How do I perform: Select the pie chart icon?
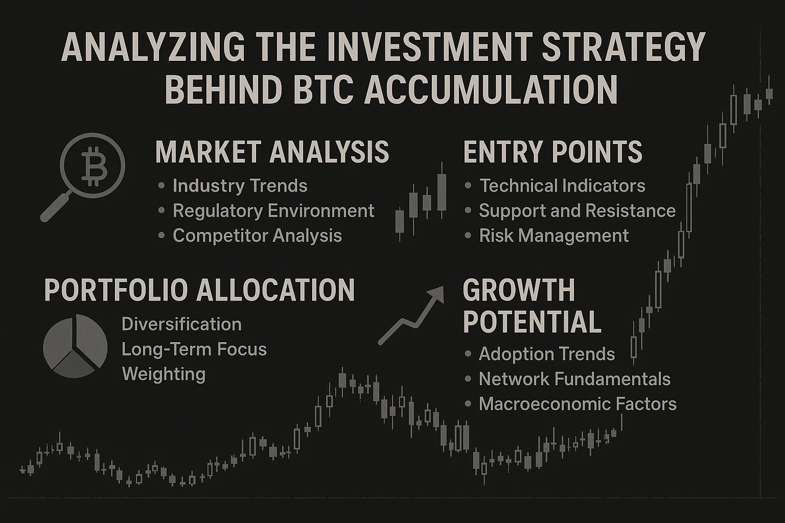click(75, 346)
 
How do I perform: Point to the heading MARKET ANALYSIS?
click(272, 152)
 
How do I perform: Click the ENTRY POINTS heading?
click(552, 152)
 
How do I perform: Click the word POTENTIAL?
click(532, 321)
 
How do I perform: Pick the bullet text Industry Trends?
click(240, 186)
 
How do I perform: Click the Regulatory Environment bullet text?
click(273, 211)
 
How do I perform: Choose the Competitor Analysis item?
click(257, 235)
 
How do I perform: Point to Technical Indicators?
click(562, 186)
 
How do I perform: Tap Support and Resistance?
click(577, 211)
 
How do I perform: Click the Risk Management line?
click(553, 235)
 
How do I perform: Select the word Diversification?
click(181, 324)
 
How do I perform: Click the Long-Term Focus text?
click(194, 349)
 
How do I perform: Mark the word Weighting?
click(164, 374)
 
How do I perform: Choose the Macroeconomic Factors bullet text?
click(578, 404)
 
